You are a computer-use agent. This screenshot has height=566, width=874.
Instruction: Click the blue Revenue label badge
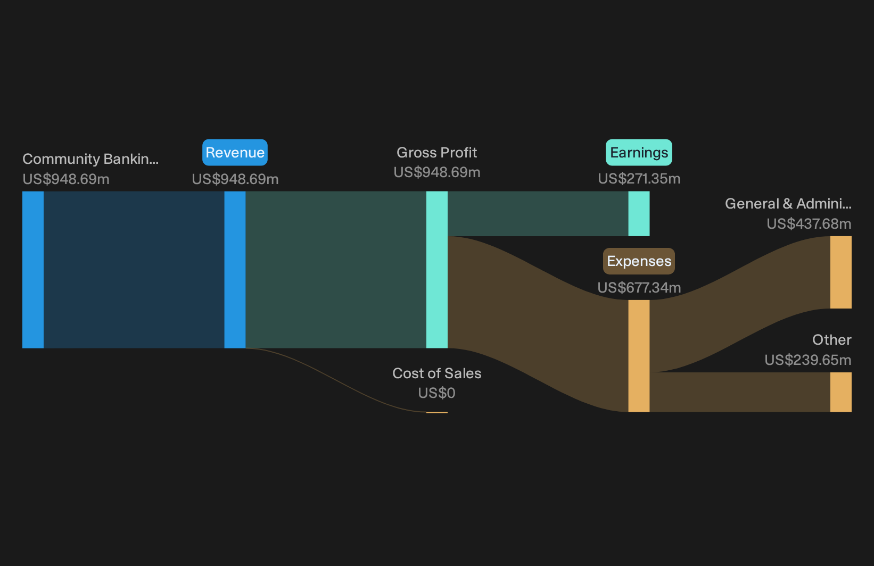235,153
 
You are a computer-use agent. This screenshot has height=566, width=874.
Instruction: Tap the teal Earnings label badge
639,153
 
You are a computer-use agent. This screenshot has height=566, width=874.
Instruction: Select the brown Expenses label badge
639,261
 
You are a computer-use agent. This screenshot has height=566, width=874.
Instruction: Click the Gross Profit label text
436,153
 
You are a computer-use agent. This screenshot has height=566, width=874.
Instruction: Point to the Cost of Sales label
436,373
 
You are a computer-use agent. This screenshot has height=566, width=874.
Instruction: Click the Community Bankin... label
90,159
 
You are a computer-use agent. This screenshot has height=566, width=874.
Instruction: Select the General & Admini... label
788,204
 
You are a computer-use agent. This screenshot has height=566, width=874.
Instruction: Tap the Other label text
832,340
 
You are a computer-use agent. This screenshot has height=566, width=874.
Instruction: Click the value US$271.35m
639,179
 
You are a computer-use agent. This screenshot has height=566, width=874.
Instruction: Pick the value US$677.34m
639,287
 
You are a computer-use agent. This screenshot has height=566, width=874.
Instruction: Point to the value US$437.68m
809,224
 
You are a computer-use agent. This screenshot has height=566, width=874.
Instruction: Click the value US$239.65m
807,360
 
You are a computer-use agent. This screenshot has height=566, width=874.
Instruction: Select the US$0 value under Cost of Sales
436,393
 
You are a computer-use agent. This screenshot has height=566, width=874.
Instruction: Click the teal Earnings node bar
639,214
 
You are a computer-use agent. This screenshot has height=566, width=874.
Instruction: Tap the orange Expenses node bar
639,356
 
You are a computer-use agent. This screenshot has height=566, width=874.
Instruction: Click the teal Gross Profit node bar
436,270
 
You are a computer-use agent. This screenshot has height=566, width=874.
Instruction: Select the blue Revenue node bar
235,270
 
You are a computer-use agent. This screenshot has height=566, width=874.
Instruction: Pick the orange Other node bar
841,392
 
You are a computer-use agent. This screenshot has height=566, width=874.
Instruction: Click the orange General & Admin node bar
841,272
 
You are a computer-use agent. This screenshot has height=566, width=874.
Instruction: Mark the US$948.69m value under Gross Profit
436,172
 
